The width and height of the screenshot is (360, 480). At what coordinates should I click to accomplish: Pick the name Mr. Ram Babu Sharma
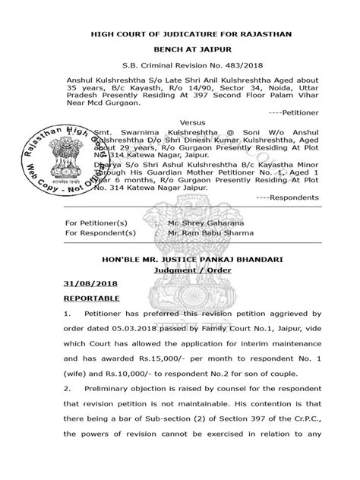pyautogui.click(x=201, y=233)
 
